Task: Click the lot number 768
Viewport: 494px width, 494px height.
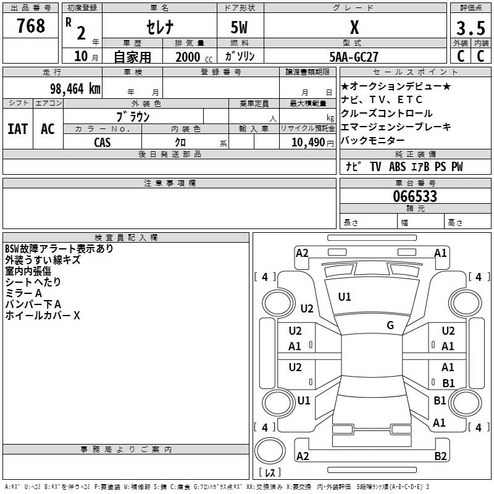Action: (x=31, y=26)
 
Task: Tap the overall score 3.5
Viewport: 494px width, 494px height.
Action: (x=470, y=28)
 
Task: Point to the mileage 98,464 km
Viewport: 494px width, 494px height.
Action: (x=75, y=88)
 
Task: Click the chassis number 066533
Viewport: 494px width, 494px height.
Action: (x=415, y=196)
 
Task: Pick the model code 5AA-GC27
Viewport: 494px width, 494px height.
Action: (x=354, y=57)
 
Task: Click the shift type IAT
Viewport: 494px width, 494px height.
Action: (x=17, y=128)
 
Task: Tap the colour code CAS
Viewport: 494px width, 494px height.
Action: (x=103, y=142)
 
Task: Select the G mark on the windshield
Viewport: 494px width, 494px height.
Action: (x=390, y=325)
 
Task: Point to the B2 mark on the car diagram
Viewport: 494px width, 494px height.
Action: (x=440, y=456)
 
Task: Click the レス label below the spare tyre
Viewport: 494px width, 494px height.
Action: (x=269, y=473)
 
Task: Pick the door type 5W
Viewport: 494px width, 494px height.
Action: (x=240, y=28)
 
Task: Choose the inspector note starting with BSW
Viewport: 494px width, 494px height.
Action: (x=59, y=249)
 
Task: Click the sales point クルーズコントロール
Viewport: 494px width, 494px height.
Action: (x=387, y=114)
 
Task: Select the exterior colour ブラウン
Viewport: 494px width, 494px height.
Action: (x=133, y=115)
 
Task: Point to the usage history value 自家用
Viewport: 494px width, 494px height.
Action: (x=132, y=57)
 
